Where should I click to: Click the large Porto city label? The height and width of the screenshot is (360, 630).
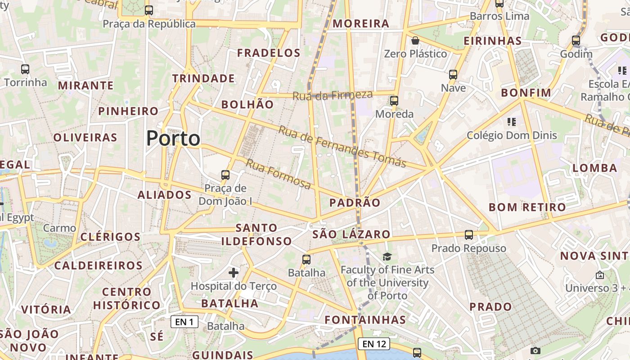tap(173, 138)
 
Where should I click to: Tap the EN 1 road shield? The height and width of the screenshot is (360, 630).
tap(184, 322)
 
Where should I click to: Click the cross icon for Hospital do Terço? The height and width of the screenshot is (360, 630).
tap(234, 272)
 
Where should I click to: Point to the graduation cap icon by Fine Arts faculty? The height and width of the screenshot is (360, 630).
tap(387, 256)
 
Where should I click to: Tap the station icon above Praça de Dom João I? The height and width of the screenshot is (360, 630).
tap(225, 175)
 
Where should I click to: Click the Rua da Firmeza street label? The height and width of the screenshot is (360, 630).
tap(333, 95)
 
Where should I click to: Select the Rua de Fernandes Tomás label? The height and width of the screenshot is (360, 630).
tap(342, 146)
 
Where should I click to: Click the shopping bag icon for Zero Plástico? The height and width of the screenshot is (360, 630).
tap(415, 41)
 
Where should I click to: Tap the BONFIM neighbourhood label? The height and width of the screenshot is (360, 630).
tap(526, 93)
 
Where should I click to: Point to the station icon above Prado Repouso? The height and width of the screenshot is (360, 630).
tap(469, 234)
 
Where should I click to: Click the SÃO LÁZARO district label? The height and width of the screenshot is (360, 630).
tap(351, 234)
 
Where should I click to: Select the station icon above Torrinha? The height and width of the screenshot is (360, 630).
tap(25, 69)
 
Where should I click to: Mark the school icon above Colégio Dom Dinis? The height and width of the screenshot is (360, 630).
tap(511, 121)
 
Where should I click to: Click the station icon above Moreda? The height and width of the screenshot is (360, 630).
tap(394, 100)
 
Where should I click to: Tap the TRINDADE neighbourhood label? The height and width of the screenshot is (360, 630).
tap(203, 78)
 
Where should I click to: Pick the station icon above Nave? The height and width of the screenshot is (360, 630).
tap(453, 74)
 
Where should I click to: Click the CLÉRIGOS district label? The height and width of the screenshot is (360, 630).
tap(110, 237)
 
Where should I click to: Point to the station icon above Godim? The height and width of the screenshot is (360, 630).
tap(576, 40)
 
